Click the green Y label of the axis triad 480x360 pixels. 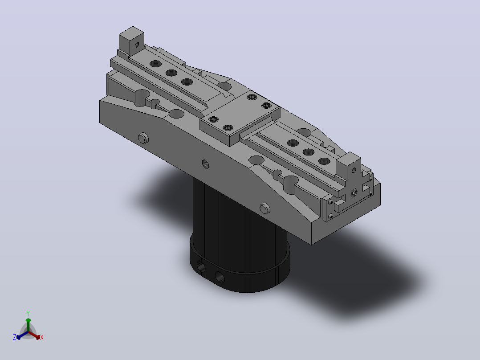tap(28, 313)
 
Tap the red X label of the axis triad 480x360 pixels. tap(42, 337)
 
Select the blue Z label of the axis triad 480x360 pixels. tap(15, 337)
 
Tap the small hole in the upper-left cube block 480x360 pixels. tap(137, 45)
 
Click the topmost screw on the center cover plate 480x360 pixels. tap(252, 97)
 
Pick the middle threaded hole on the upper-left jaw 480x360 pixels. tap(171, 73)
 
